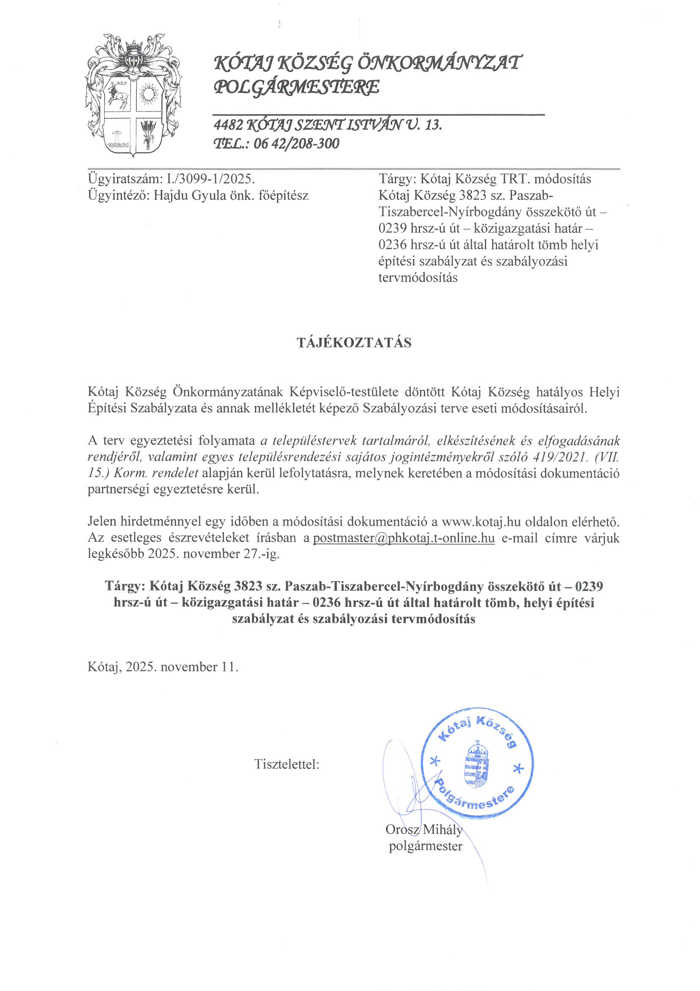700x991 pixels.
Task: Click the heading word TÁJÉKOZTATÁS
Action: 354,343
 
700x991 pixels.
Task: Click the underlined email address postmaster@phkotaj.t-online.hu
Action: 403,538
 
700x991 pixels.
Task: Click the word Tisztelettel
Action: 286,764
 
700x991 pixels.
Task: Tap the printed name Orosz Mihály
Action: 423,829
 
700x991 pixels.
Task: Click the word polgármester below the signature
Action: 425,846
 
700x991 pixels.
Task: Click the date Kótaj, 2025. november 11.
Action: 163,667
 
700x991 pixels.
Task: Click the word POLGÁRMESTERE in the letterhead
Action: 297,87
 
